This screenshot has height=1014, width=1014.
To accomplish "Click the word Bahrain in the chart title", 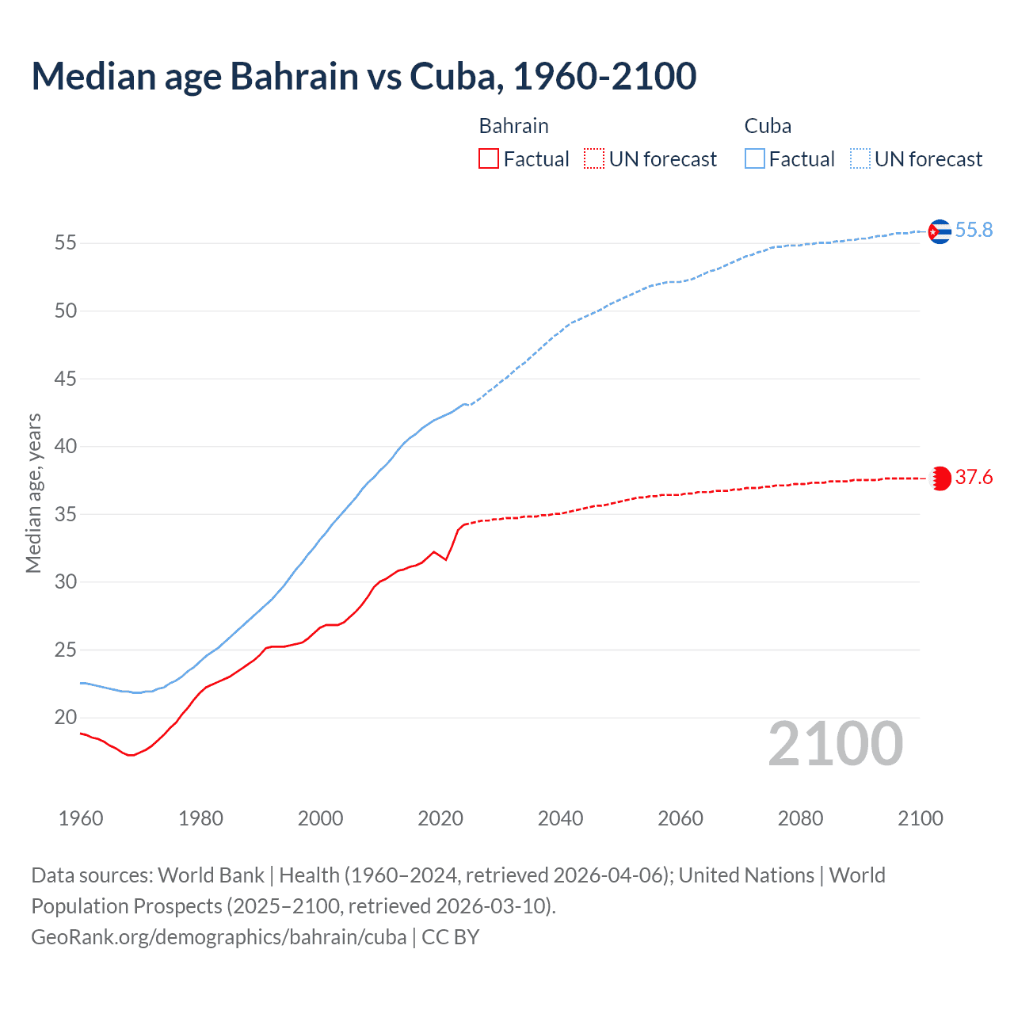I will coord(294,76).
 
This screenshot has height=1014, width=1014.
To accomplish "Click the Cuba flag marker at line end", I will coord(940,231).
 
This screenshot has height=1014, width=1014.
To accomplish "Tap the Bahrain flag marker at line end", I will coord(940,478).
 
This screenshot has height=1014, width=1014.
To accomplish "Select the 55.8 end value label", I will coord(974,230).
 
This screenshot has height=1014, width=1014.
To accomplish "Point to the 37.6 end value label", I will coord(974,477).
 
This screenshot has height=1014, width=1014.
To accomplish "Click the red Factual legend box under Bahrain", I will coord(489,158).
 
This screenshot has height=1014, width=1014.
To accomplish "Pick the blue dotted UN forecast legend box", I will coord(860,158).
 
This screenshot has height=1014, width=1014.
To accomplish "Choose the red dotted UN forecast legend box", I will coord(594,158).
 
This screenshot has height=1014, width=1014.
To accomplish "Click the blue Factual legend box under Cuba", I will coord(755,158).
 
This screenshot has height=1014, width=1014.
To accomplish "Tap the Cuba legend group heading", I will coord(768,126).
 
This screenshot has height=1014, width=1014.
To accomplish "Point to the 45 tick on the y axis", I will coord(66,379).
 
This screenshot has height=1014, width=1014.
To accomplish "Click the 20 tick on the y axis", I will coord(66,718).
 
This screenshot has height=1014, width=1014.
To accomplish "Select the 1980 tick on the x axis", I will coord(200,818).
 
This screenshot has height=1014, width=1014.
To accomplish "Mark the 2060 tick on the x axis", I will coord(680,818).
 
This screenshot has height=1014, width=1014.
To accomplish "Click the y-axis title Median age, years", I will coord(33,493).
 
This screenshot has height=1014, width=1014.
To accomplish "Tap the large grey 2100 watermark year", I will coord(836,744).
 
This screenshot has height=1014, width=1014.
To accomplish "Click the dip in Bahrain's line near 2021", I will coord(446,559).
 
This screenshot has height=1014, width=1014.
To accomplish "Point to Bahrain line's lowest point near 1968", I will coord(131,755).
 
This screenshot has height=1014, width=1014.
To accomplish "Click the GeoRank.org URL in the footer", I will coord(219,937).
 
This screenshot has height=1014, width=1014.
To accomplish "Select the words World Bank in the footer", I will coord(211,875).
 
